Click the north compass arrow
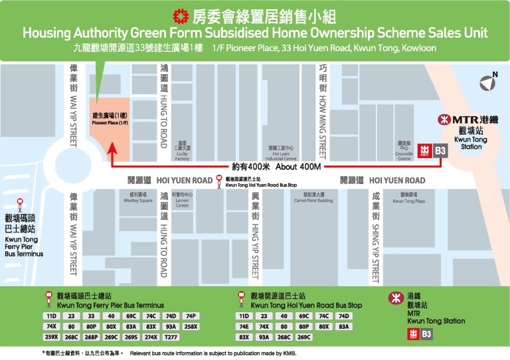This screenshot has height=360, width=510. tap(489, 82)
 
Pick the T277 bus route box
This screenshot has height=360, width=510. tap(170, 337)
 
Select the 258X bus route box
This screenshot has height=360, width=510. tap(191, 327)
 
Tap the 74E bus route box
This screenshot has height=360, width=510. tap(244, 327)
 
